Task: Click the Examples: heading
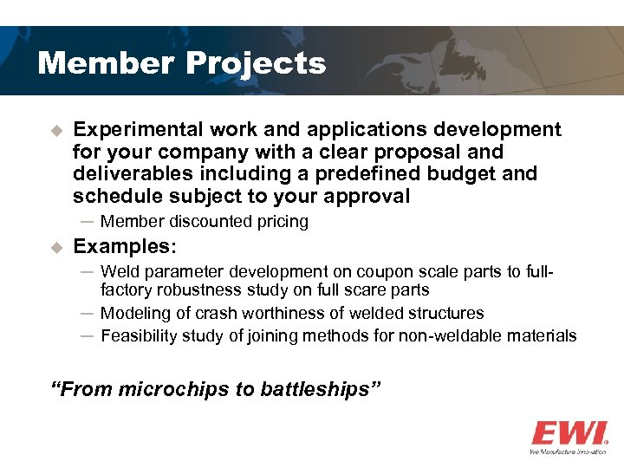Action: pos(125,247)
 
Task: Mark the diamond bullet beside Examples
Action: pos(57,248)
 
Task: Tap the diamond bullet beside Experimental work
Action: pos(57,131)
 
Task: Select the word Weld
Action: pos(120,272)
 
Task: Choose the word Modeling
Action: pos(135,313)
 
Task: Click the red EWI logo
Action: pos(569,432)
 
